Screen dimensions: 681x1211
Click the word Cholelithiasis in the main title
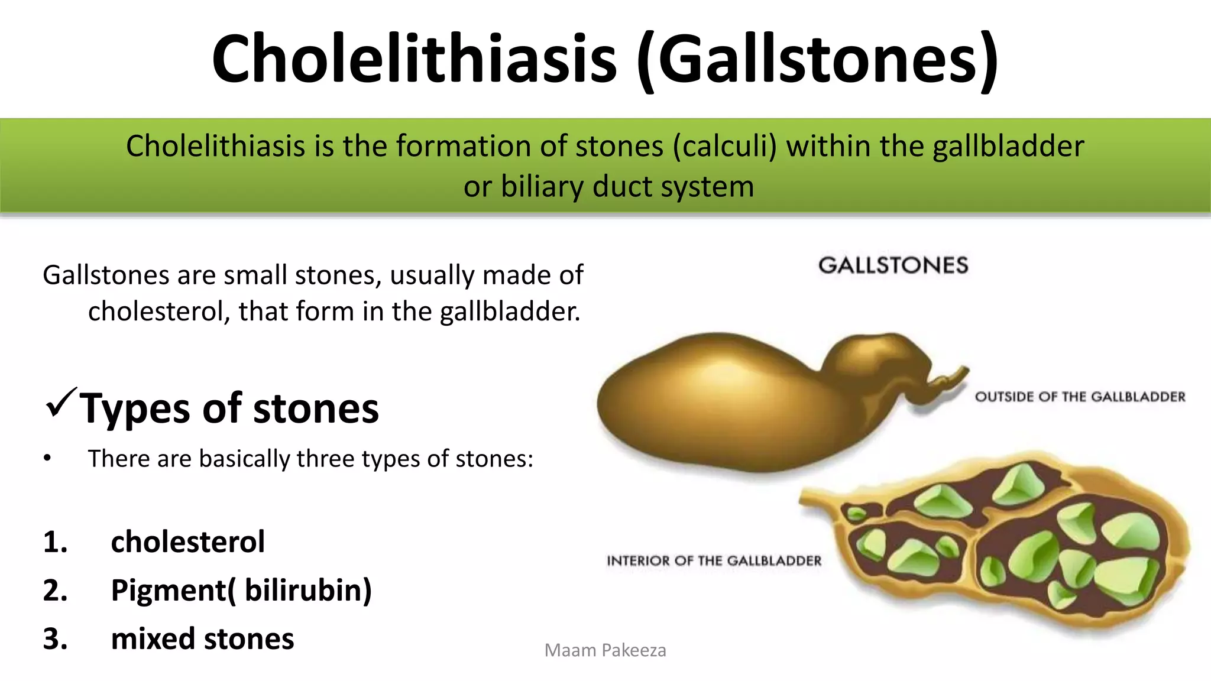(414, 59)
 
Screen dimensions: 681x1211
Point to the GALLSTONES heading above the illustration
(893, 265)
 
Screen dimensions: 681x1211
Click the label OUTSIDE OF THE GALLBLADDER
(1080, 397)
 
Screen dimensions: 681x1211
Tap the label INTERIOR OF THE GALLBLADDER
(714, 560)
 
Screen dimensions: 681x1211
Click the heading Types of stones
(229, 408)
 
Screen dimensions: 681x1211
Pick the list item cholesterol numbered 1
(187, 541)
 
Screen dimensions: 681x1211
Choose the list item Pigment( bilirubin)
(241, 590)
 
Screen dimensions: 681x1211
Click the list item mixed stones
(202, 639)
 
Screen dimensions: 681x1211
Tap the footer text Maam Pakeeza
(605, 650)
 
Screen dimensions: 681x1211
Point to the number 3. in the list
(55, 639)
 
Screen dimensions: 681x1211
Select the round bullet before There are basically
(47, 459)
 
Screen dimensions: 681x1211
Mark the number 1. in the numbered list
(55, 542)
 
